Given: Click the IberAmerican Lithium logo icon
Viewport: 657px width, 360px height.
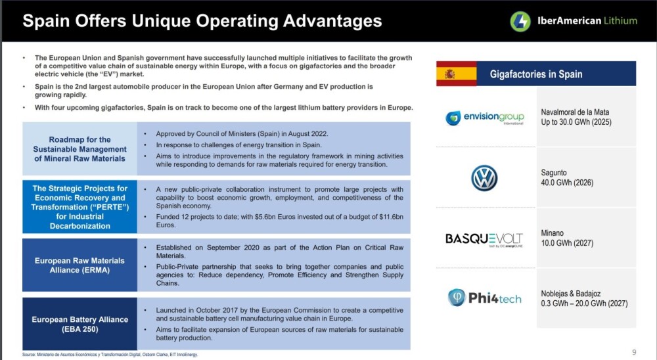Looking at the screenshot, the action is [x=520, y=21].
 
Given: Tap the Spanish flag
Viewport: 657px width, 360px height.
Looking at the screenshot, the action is [x=457, y=74].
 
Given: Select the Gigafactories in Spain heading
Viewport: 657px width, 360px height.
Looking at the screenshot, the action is [x=536, y=74].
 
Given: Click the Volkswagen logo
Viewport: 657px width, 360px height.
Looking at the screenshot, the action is [x=484, y=177].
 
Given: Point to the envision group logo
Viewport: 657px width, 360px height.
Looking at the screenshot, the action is [x=484, y=118].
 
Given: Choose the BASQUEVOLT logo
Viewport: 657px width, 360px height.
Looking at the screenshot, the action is [x=484, y=239].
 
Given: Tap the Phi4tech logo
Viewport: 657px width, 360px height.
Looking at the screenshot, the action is [x=485, y=298].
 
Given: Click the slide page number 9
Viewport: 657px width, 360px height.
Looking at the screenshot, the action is [x=634, y=352].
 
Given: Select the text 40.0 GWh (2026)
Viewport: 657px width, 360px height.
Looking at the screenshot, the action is [x=567, y=183].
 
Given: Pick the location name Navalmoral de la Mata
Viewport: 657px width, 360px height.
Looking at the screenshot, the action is [x=575, y=112].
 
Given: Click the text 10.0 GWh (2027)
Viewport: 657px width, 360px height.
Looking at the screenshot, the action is [x=567, y=243].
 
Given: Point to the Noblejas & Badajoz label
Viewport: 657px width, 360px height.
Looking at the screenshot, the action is [x=571, y=294].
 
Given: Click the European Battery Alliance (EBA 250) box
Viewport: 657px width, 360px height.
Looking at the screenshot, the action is [x=79, y=324].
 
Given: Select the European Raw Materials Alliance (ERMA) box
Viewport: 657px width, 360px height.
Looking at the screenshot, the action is [x=79, y=265].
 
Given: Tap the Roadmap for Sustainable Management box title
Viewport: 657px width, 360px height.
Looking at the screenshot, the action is [x=79, y=148].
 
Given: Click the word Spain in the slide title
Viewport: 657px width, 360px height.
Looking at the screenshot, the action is [x=46, y=21].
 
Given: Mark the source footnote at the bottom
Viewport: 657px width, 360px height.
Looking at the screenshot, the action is [x=110, y=355].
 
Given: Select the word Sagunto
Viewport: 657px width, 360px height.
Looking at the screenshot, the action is [x=553, y=173].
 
